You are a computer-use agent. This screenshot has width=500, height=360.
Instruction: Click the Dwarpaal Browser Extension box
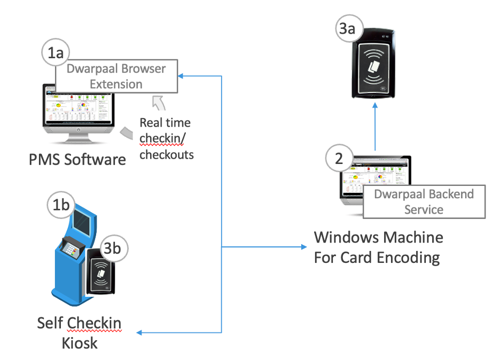116,76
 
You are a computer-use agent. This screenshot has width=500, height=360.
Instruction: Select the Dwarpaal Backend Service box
424,201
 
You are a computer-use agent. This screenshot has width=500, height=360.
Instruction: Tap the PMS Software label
77,159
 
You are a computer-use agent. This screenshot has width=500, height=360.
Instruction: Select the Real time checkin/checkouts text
166,139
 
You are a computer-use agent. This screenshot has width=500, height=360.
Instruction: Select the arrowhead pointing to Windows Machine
304,247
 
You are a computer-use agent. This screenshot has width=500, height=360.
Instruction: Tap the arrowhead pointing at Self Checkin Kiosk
140,333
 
